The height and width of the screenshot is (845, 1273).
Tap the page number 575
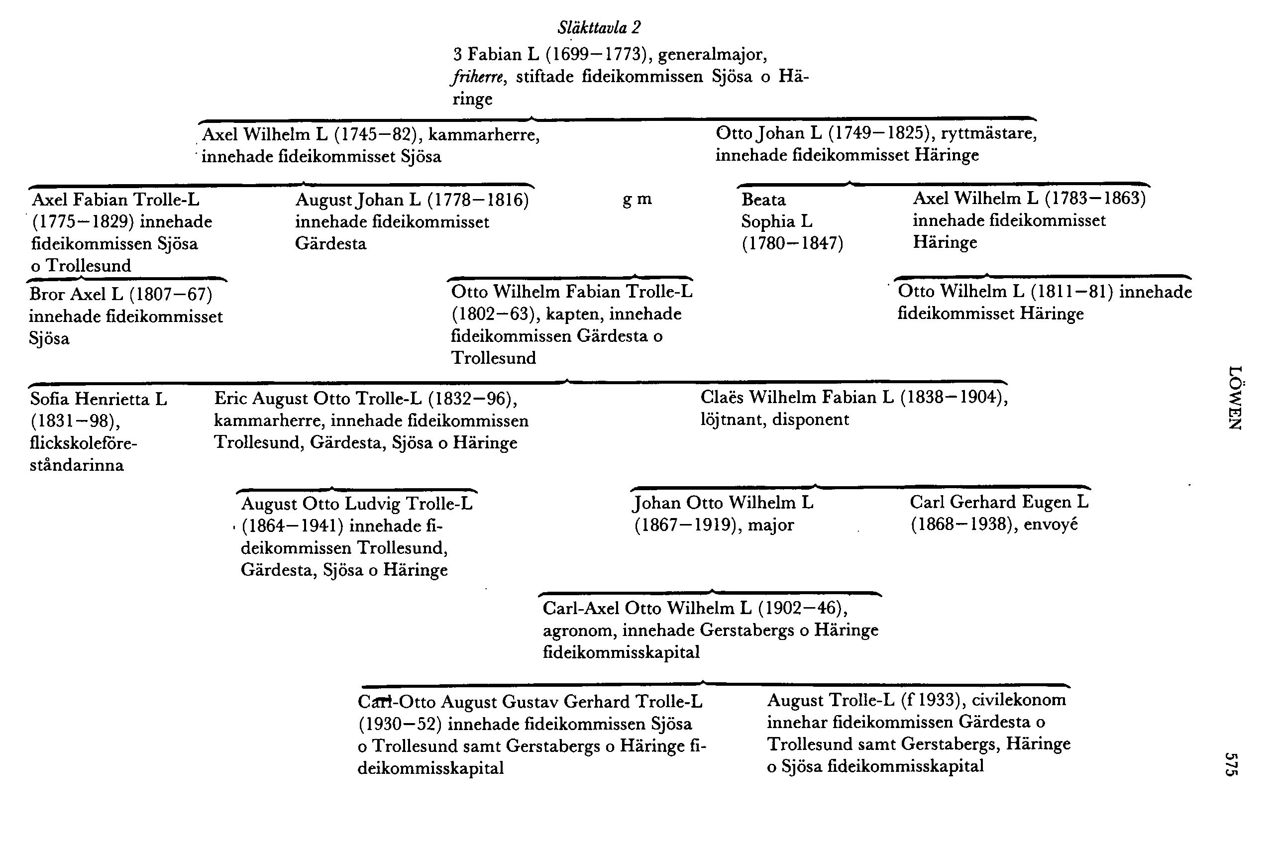click(1230, 764)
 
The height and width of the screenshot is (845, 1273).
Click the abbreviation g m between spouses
click(637, 200)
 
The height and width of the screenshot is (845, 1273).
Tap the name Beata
click(763, 200)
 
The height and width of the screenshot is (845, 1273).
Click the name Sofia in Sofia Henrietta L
click(51, 399)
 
